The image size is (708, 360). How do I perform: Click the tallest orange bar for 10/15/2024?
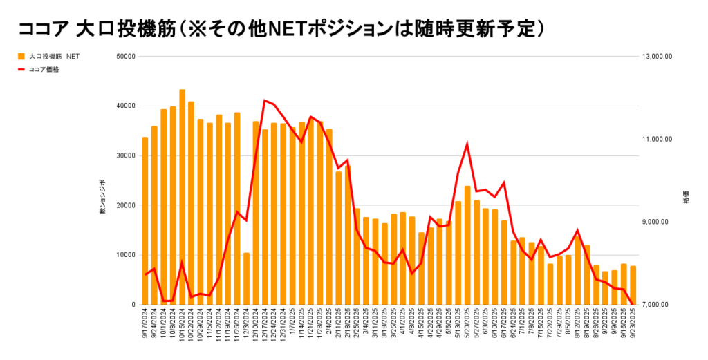tap(182, 197)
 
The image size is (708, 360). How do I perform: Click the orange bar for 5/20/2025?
tap(467, 245)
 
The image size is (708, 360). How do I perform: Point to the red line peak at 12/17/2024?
tap(265, 100)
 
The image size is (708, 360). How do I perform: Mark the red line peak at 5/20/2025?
tap(467, 144)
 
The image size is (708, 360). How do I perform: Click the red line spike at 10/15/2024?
tap(182, 263)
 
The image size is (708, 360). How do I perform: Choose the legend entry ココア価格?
tap(44, 69)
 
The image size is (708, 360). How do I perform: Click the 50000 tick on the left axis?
tap(125, 56)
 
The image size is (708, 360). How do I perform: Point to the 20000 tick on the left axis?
tap(125, 205)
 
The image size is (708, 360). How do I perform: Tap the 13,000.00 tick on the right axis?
tap(658, 57)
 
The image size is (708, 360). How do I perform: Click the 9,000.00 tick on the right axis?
tap(658, 222)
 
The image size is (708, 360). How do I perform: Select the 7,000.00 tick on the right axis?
tap(658, 305)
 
